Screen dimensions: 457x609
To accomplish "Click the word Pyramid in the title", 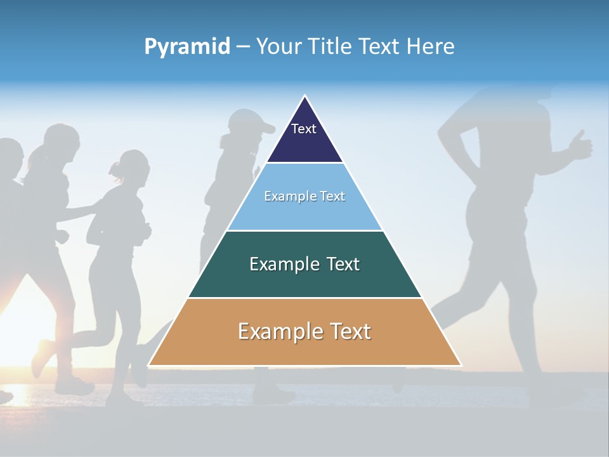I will click(x=187, y=46).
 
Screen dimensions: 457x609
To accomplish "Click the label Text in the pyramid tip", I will click(x=304, y=129).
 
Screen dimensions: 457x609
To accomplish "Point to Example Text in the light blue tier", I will click(x=304, y=196).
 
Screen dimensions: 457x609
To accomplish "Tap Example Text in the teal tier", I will click(x=304, y=264).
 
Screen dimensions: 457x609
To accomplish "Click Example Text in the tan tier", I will click(x=304, y=331).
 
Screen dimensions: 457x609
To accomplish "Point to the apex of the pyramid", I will click(x=305, y=96).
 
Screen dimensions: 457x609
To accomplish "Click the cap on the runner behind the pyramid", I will click(x=247, y=119).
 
